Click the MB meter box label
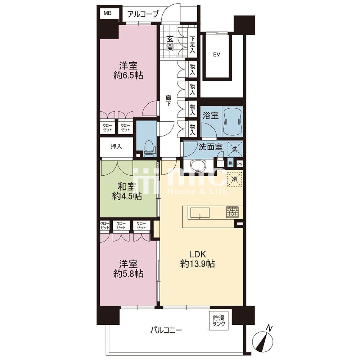pyautogui.click(x=107, y=13)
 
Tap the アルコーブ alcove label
pyautogui.click(x=143, y=14)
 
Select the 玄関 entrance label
pyautogui.click(x=170, y=43)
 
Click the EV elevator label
pyautogui.click(x=216, y=54)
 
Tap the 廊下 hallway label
pyautogui.click(x=169, y=101)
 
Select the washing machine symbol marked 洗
pyautogui.click(x=235, y=149)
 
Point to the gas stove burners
pyautogui.click(x=232, y=212)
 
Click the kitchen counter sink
pyautogui.click(x=199, y=213)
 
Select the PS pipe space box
pyautogui.click(x=239, y=164)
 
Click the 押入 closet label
pyautogui.click(x=116, y=146)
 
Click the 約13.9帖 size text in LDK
pyautogui.click(x=197, y=264)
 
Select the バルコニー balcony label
pyautogui.click(x=166, y=330)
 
